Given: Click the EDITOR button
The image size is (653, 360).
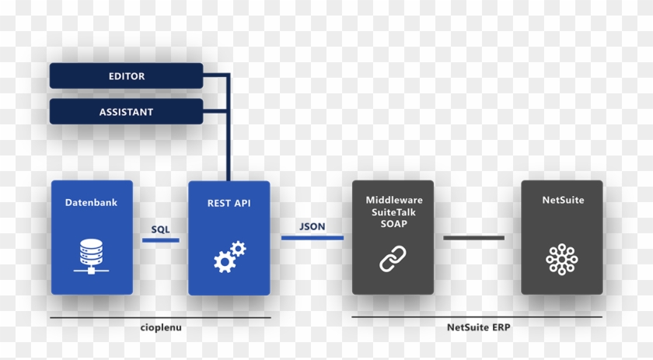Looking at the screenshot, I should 126,76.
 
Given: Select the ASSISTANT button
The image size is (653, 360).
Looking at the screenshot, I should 126,112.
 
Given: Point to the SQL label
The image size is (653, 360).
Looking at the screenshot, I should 160,229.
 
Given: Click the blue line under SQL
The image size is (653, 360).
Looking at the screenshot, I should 160,240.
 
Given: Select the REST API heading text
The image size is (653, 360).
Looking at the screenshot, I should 229,203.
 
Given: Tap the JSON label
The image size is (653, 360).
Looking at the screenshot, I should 312,226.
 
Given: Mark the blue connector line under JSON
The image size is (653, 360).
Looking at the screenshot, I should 312,237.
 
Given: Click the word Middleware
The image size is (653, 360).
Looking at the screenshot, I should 393,200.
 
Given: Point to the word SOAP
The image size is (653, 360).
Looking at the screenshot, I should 393,224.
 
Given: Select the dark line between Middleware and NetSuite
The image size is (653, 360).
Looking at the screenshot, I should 473,237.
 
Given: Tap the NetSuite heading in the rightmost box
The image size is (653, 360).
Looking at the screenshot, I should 562,200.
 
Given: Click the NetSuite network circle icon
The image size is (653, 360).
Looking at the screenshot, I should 561,258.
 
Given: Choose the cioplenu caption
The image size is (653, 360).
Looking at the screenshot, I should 161,328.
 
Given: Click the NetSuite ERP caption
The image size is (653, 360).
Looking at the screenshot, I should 478,327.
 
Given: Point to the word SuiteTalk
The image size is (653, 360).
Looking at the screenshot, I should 393,212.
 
